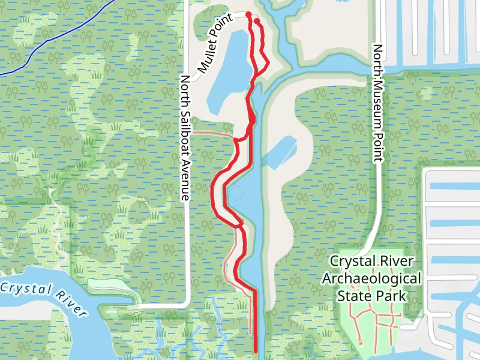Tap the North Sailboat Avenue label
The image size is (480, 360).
[x=185, y=137]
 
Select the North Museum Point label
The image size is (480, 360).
[x=377, y=103]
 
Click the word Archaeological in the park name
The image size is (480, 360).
[x=371, y=279]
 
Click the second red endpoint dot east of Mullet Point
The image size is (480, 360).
[x=257, y=21]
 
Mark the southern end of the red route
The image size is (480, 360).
[x=256, y=351]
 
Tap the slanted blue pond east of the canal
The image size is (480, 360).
[x=281, y=152]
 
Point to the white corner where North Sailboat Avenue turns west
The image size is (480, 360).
[x=188, y=304]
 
